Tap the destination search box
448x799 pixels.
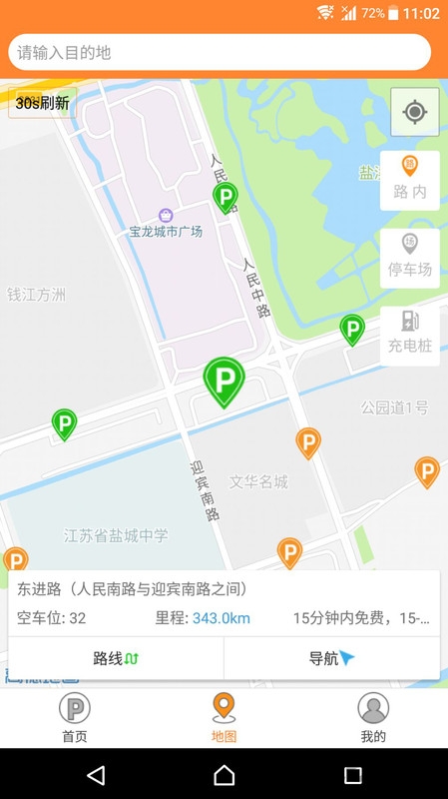pyautogui.click(x=220, y=52)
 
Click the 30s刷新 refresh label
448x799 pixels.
pyautogui.click(x=42, y=103)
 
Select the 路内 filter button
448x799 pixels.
pyautogui.click(x=410, y=180)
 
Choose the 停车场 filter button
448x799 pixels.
pyautogui.click(x=410, y=258)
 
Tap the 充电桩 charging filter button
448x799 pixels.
pyautogui.click(x=410, y=335)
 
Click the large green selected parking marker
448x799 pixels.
pyautogui.click(x=224, y=381)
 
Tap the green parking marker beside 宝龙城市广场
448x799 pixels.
pyautogui.click(x=225, y=197)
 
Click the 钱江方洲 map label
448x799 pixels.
pyautogui.click(x=36, y=295)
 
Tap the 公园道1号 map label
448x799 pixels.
pyautogui.click(x=394, y=407)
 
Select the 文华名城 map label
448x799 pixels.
pyautogui.click(x=258, y=482)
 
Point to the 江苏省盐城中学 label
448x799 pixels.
pyautogui.click(x=116, y=536)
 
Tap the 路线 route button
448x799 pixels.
pyautogui.click(x=116, y=658)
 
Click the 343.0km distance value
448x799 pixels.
pyautogui.click(x=221, y=618)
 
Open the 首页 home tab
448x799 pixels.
pyautogui.click(x=74, y=718)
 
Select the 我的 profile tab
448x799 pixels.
pyautogui.click(x=373, y=718)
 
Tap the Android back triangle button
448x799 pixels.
pyautogui.click(x=95, y=775)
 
